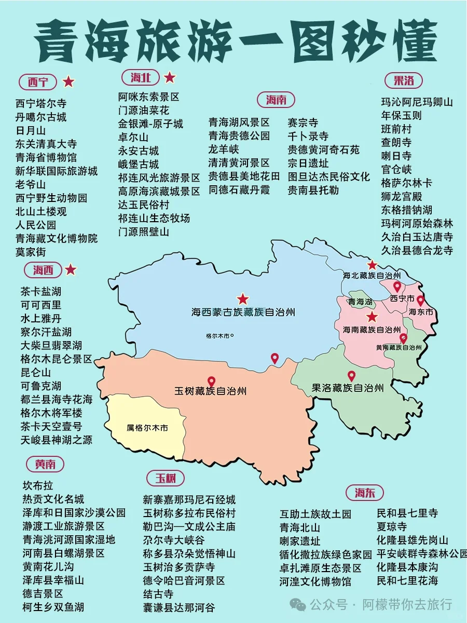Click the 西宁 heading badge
(x=38, y=82)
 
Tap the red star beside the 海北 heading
(x=170, y=78)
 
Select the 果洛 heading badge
(x=404, y=80)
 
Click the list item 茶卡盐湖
(x=41, y=291)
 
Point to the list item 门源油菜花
(x=144, y=110)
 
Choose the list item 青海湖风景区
(x=239, y=123)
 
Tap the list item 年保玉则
(x=402, y=115)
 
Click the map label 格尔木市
(x=219, y=335)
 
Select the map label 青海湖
(x=360, y=302)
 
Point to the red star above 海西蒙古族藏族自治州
(x=242, y=299)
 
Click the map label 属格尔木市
(x=147, y=428)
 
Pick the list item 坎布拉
(x=38, y=486)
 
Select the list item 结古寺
(x=158, y=594)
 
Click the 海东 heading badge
(x=365, y=493)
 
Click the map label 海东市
(x=420, y=312)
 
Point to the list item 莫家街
(x=31, y=252)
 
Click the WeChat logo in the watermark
(x=298, y=604)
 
